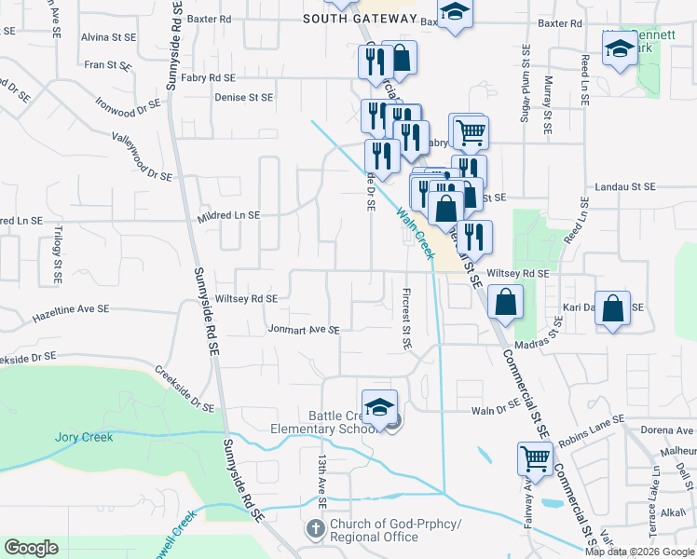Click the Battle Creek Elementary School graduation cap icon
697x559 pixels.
pos(379,408)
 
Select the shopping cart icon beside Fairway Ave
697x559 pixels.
pos(535,459)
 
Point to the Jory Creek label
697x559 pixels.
pos(84,437)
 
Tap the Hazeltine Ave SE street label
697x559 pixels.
pos(71,308)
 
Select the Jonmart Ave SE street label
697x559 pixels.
pos(304,330)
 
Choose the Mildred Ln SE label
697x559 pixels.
pos(228,215)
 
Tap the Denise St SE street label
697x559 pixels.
pos(243,97)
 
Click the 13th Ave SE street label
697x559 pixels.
pos(321,481)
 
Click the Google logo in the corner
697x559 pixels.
pos(31,548)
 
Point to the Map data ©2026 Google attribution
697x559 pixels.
pos(639,552)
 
